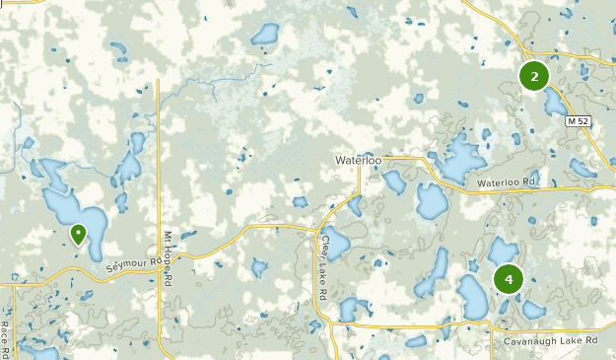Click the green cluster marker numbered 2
point(534,76)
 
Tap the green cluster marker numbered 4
point(509,279)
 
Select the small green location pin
point(78,233)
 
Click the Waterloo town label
point(358,159)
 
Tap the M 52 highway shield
point(579,121)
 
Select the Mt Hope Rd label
point(168,259)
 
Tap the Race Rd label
point(6,338)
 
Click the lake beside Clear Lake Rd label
point(337,242)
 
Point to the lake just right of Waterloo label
point(394,182)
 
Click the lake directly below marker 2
point(554,104)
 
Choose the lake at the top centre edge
point(265,36)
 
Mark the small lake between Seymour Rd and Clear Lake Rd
point(260,267)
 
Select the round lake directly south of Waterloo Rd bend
point(431,201)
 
